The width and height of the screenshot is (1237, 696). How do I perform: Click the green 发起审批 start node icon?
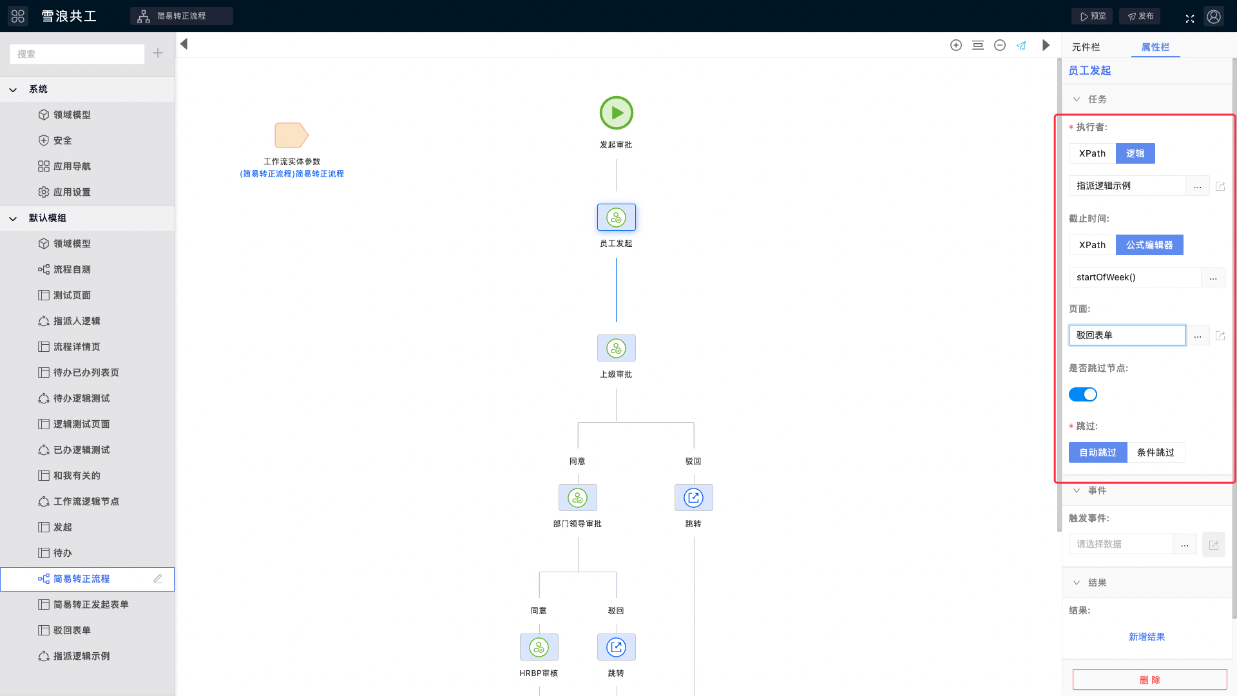[x=617, y=113]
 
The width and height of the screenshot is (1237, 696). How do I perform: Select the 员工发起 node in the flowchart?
[x=617, y=217]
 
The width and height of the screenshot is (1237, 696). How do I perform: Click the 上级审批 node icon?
[x=617, y=348]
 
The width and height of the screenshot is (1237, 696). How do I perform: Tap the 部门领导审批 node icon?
[x=578, y=498]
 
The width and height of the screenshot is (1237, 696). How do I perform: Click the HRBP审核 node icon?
[x=539, y=647]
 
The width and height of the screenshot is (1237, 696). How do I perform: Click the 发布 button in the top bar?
[x=1140, y=16]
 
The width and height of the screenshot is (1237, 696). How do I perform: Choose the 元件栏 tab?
[x=1086, y=47]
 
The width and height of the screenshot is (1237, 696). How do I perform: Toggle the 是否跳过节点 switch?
[x=1083, y=394]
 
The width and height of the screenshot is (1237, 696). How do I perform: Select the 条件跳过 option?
[x=1156, y=452]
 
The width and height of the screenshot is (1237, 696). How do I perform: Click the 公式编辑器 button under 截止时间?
[x=1149, y=245]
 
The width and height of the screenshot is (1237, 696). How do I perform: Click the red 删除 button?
[x=1150, y=680]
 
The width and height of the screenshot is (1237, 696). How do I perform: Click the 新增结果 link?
[x=1147, y=637]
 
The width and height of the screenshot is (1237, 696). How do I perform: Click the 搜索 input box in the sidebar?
[x=77, y=54]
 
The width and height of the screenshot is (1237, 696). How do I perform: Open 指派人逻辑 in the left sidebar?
[x=77, y=321]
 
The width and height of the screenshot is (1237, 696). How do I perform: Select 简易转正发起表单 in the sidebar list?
[x=91, y=604]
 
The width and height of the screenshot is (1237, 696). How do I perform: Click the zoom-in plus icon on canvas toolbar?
[x=956, y=45]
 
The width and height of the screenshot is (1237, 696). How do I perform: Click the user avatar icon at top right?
[x=1214, y=16]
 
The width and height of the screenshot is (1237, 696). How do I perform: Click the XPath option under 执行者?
[x=1093, y=153]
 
